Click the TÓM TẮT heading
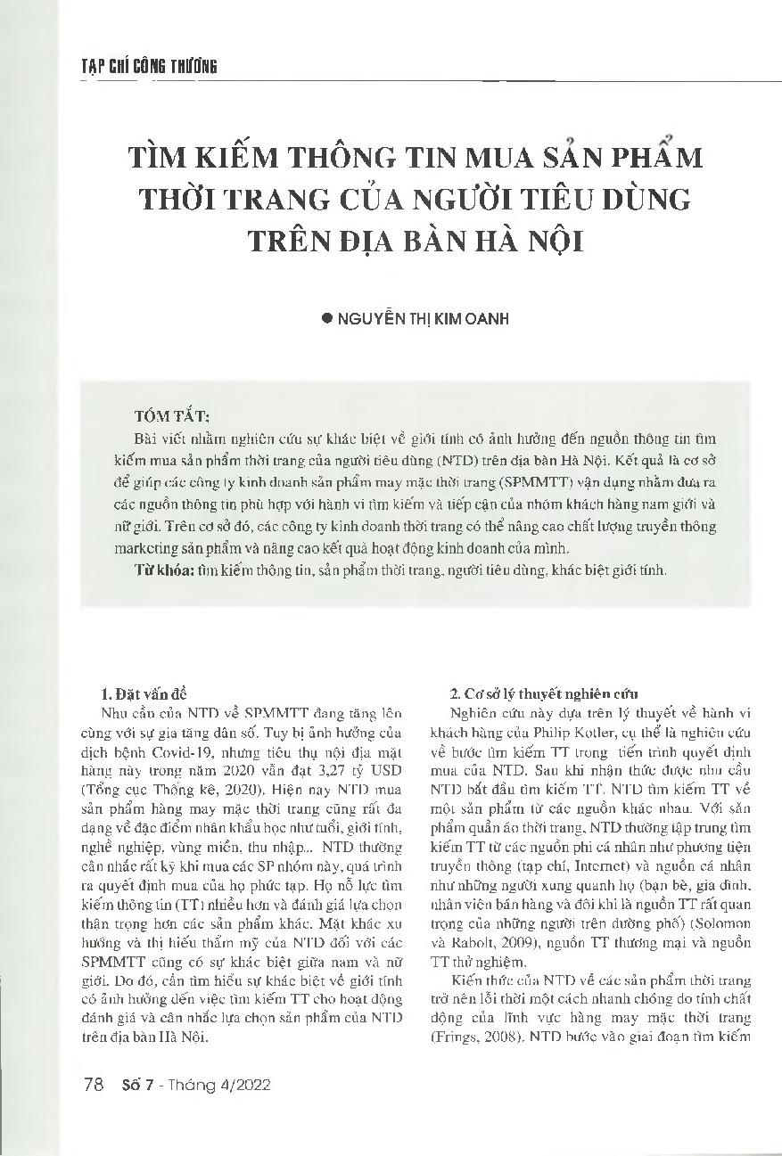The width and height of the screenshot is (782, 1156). click(x=172, y=416)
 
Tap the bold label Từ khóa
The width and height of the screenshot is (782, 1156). click(x=157, y=570)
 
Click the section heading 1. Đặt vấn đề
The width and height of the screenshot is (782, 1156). click(x=143, y=693)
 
